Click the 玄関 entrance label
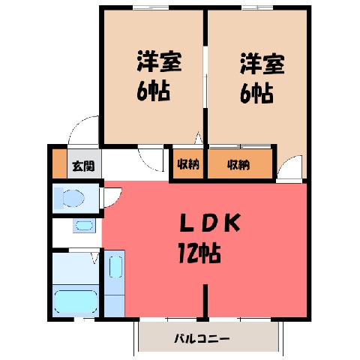pyautogui.click(x=83, y=166)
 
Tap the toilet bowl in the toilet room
pyautogui.click(x=73, y=198)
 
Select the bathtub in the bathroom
pyautogui.click(x=76, y=301)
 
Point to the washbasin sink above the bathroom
pyautogui.click(x=84, y=226)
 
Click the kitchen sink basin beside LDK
pyautogui.click(x=115, y=267)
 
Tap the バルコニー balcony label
pyautogui.click(x=202, y=339)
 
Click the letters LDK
pyautogui.click(x=210, y=223)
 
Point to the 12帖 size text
pyautogui.click(x=199, y=253)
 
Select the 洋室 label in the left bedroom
pyautogui.click(x=159, y=61)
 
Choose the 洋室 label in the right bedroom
pyautogui.click(x=262, y=63)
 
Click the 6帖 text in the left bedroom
pyautogui.click(x=153, y=91)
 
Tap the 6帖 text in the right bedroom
pyautogui.click(x=256, y=93)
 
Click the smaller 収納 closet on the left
pyautogui.click(x=188, y=164)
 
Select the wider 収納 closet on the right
pyautogui.click(x=240, y=164)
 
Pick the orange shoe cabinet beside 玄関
pyautogui.click(x=59, y=163)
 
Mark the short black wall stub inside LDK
pyautogui.click(x=205, y=302)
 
